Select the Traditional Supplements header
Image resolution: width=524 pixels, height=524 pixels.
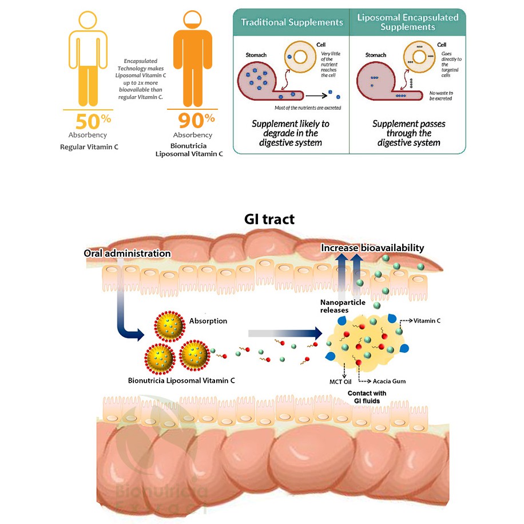[x=292, y=23]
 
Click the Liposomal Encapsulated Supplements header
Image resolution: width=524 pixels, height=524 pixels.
[x=407, y=22]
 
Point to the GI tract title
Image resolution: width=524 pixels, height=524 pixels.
[x=269, y=219]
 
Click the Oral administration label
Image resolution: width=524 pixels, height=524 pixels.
[x=127, y=253]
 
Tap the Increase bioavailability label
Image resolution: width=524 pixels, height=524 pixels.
[x=372, y=248]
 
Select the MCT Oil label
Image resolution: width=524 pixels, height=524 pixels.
[x=340, y=381]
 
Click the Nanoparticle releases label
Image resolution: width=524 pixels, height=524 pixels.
[x=334, y=306]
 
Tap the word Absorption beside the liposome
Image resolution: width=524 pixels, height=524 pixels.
[x=208, y=321]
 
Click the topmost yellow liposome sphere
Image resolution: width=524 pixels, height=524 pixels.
[x=169, y=327]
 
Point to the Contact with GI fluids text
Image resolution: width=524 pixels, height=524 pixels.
[x=367, y=397]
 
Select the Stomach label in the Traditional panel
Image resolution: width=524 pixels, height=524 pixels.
[x=256, y=55]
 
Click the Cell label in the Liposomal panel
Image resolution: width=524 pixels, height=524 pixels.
[x=442, y=45]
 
